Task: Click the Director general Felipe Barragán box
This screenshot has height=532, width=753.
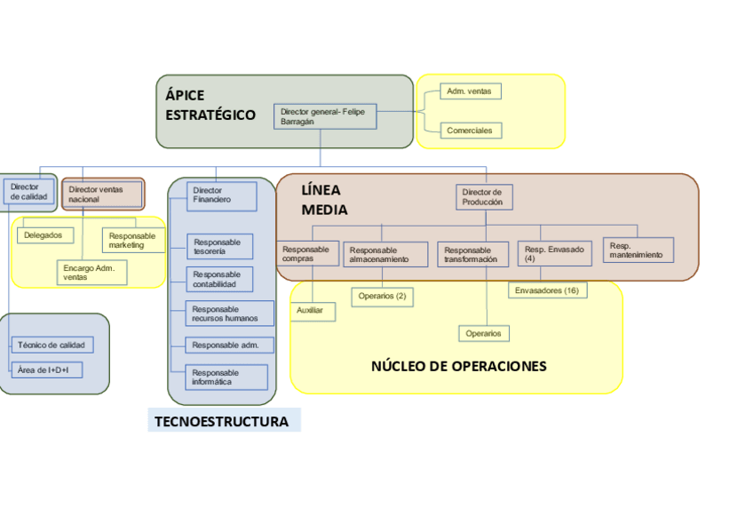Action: (x=325, y=116)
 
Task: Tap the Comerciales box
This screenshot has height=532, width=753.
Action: (x=471, y=131)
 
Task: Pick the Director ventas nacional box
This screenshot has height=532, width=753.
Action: (x=103, y=194)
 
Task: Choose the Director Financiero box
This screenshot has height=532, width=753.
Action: (x=222, y=195)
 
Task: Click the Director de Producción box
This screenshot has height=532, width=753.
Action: (x=486, y=197)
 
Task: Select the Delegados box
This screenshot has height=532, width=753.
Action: (x=45, y=235)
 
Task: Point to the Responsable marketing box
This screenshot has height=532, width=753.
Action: (x=133, y=240)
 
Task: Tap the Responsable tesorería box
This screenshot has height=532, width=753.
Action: (x=219, y=246)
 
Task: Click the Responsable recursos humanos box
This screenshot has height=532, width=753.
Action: (x=226, y=314)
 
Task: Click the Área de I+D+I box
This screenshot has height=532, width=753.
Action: (x=46, y=369)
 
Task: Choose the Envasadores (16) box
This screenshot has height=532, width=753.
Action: (x=547, y=290)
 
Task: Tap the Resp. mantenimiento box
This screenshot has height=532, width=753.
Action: (x=638, y=250)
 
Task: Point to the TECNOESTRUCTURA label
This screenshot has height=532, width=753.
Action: (x=222, y=421)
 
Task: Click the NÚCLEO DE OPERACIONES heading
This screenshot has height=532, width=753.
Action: (x=458, y=366)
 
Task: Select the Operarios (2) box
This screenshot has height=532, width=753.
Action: (x=383, y=296)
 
